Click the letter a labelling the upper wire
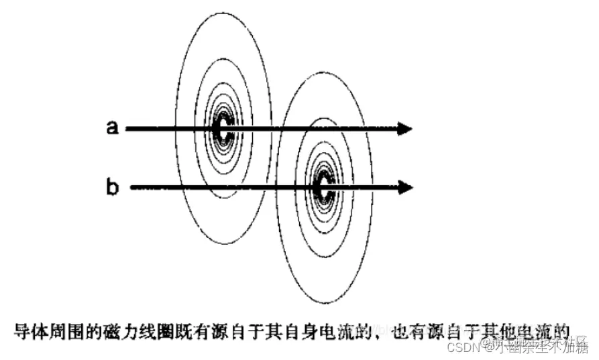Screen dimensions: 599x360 [112, 127]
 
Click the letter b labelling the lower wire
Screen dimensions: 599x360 [113, 187]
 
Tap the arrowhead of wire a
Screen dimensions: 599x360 [404, 128]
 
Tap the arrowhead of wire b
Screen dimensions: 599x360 [404, 188]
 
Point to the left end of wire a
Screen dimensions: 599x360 [127, 128]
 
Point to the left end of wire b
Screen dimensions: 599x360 [131, 188]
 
